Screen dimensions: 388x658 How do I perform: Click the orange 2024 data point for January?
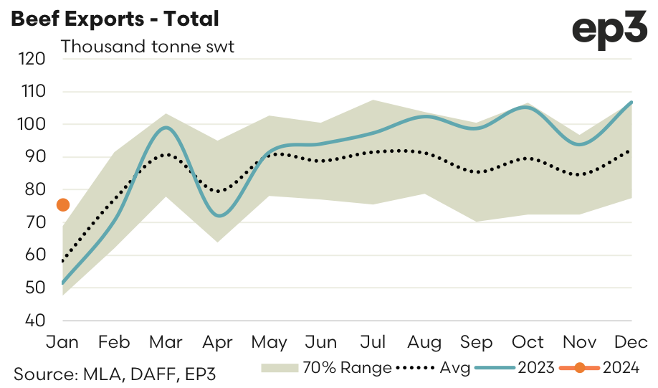63,205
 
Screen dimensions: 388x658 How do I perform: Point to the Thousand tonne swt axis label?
148,47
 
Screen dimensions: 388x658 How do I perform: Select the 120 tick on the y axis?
34,59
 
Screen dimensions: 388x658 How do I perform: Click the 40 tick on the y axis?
34,321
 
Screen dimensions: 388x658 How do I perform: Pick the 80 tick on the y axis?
34,190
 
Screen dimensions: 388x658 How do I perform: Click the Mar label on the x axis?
166,342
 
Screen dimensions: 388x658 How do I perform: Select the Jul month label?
373,342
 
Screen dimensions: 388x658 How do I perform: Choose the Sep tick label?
476,342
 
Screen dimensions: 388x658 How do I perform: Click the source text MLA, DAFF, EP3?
115,374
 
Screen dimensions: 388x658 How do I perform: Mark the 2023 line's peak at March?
166,128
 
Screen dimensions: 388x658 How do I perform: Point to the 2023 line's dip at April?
218,216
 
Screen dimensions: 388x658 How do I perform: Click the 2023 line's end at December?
631,103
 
